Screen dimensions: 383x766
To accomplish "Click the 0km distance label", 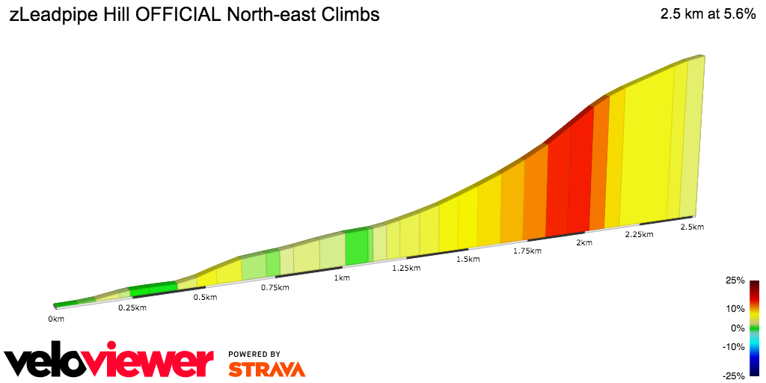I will tap(56, 319).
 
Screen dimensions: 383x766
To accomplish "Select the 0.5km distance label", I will tap(205, 298).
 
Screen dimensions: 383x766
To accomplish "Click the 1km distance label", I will tap(342, 278).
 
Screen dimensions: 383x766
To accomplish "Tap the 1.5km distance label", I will tap(468, 260).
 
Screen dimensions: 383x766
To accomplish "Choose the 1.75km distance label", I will tap(527, 251).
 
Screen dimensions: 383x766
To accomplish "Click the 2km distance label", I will tap(584, 243).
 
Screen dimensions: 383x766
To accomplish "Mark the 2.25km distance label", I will tap(639, 235).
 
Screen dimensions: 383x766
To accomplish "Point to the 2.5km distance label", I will tap(692, 227).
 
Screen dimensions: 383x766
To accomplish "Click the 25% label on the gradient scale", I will tap(735, 281).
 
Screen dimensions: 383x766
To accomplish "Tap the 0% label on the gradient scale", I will tap(738, 328).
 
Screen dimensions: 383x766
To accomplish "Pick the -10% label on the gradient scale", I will tap(733, 346).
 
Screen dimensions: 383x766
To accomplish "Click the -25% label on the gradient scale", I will tap(733, 376).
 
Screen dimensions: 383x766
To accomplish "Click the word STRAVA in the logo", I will tap(266, 369).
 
